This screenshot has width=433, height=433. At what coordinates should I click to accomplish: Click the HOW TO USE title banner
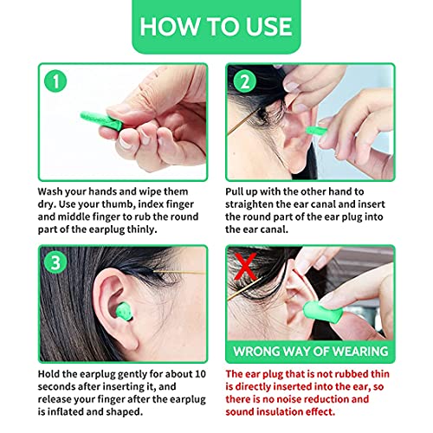click(x=216, y=25)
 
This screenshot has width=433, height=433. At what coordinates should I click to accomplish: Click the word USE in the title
click(x=268, y=25)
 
